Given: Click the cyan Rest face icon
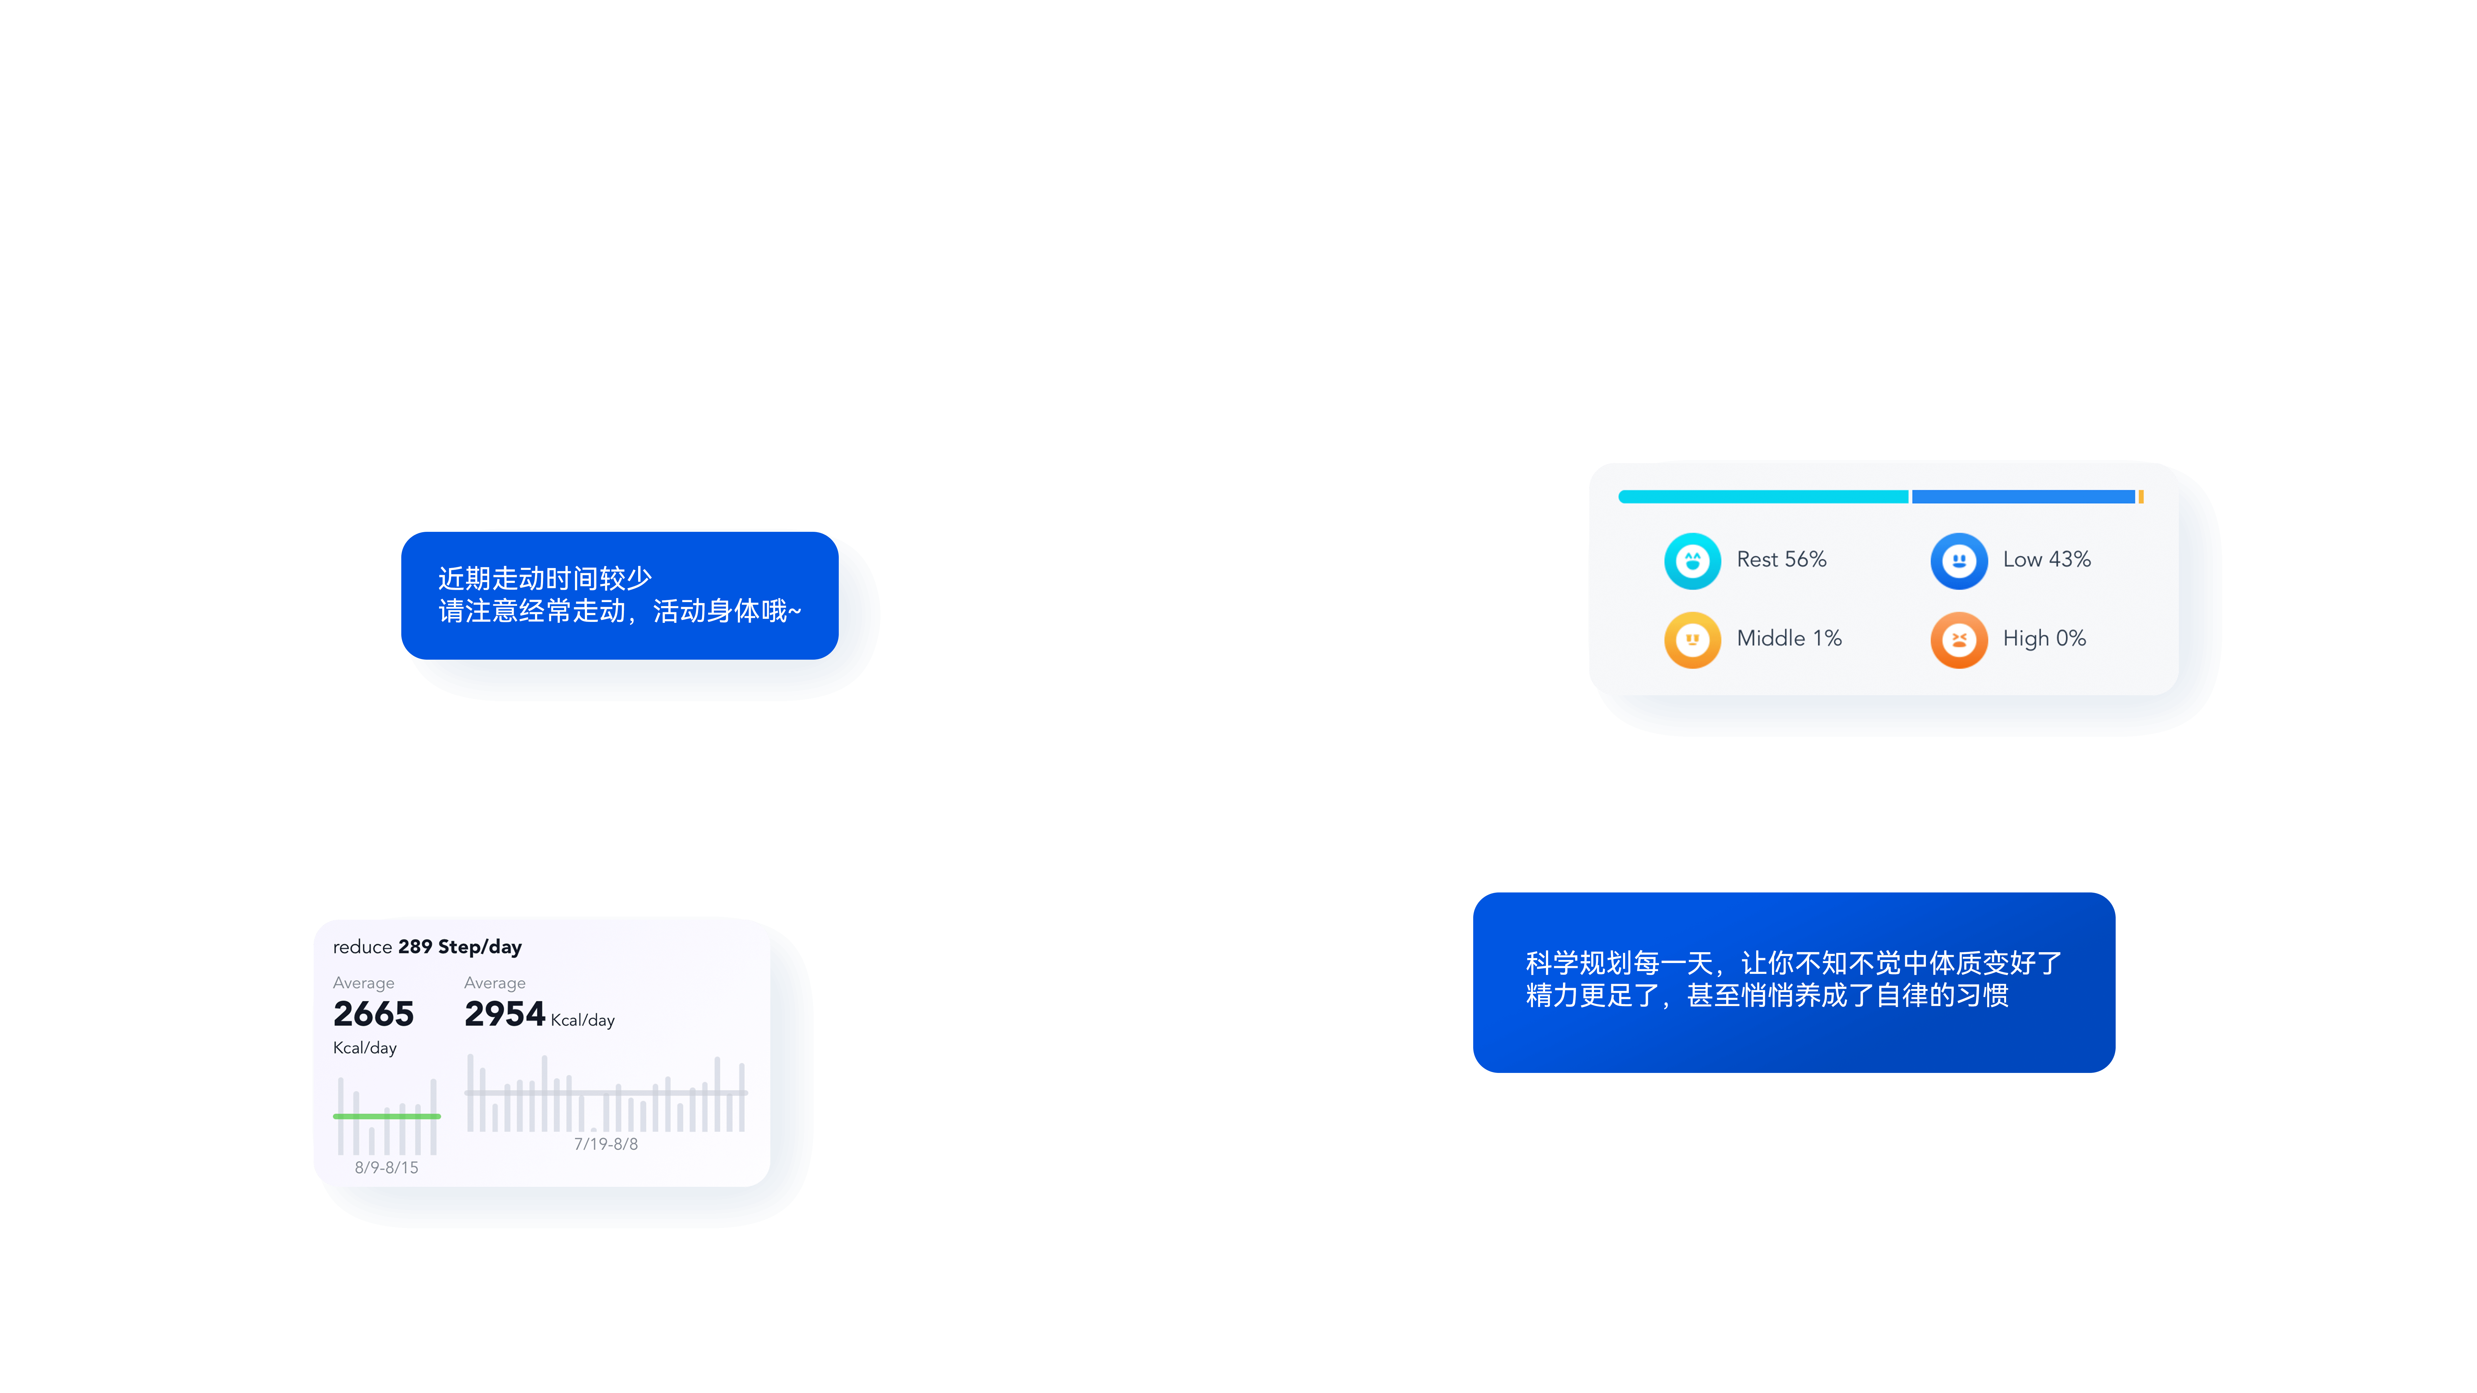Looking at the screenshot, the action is pos(1692,561).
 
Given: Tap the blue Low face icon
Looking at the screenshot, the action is pos(1959,561).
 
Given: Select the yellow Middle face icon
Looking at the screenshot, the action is pos(1692,639).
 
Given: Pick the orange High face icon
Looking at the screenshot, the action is pos(1959,639).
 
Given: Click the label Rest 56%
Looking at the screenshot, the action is pos(1781,559).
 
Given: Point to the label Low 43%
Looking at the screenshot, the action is pos(2046,559).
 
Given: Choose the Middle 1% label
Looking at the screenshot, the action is pos(1788,638).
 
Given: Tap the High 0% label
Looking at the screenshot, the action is pos(2044,638).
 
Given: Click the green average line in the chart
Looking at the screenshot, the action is pos(386,1116).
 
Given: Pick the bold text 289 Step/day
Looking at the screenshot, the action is pos(459,947).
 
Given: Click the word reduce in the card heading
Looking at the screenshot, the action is pos(363,947).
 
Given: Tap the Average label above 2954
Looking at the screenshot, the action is pos(494,983).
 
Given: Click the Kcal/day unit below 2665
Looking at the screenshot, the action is pos(364,1048).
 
